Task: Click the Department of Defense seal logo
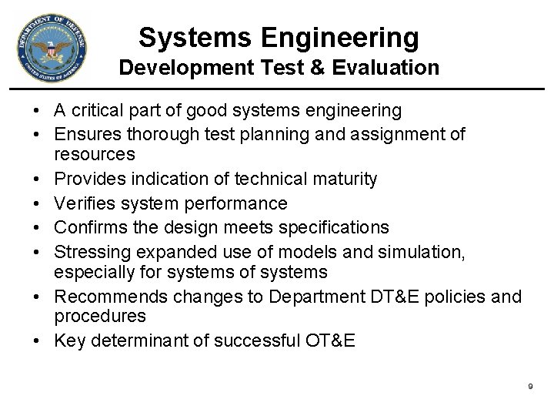51,49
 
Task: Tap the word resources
95,154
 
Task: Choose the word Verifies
85,203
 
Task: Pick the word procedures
100,316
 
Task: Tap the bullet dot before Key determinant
38,341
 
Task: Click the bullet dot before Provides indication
38,180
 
